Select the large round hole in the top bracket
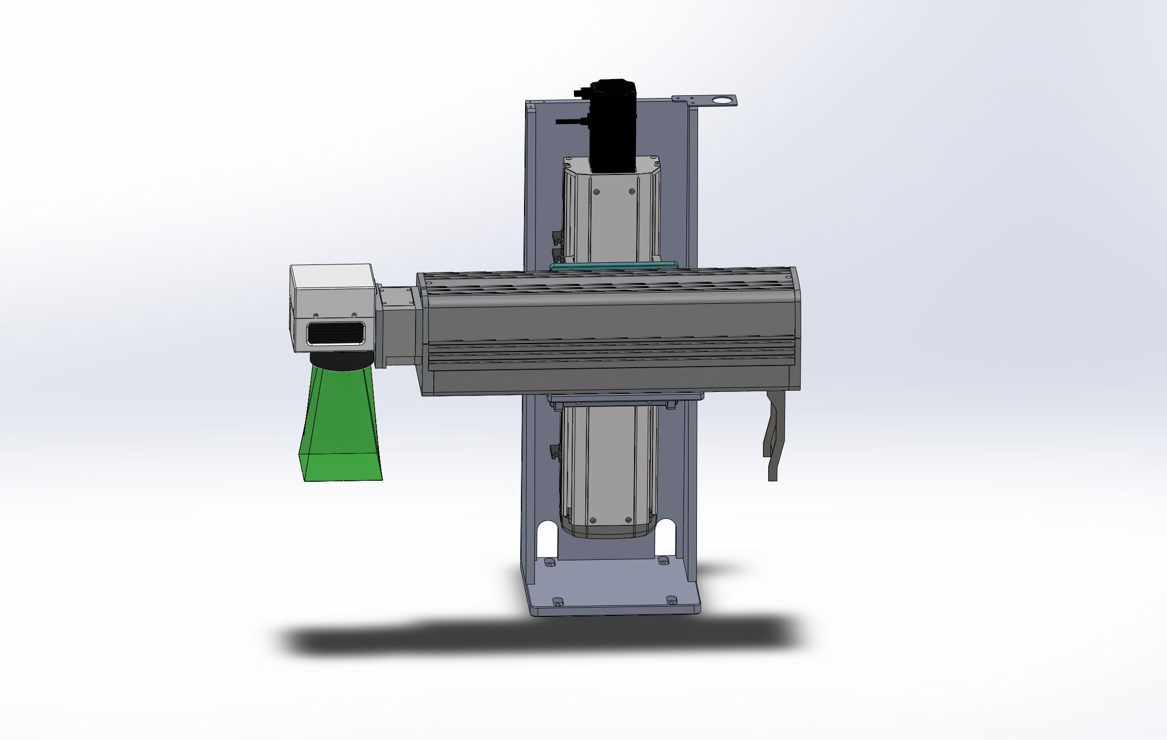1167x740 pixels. tap(723, 100)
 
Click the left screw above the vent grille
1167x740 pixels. tap(315, 315)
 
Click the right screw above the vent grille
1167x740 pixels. tap(354, 314)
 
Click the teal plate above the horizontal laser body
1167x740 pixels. tap(613, 267)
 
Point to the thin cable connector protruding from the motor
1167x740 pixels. tap(569, 121)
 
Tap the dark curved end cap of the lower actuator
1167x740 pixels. tap(608, 532)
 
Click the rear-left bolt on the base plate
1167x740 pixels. tap(549, 562)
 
